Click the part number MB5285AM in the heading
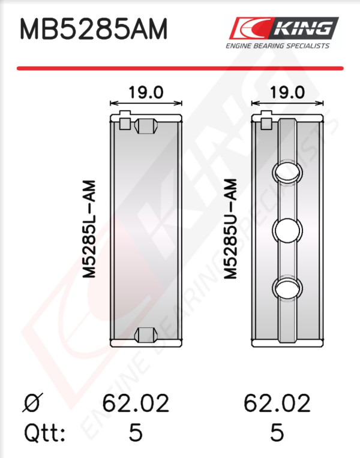(94, 29)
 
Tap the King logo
(284, 28)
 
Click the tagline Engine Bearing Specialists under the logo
(278, 46)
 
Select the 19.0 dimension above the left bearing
(146, 92)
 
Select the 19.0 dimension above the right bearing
(287, 92)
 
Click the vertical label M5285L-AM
(89, 229)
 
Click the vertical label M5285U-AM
(230, 229)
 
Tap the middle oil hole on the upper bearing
(287, 230)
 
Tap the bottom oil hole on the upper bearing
(287, 288)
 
